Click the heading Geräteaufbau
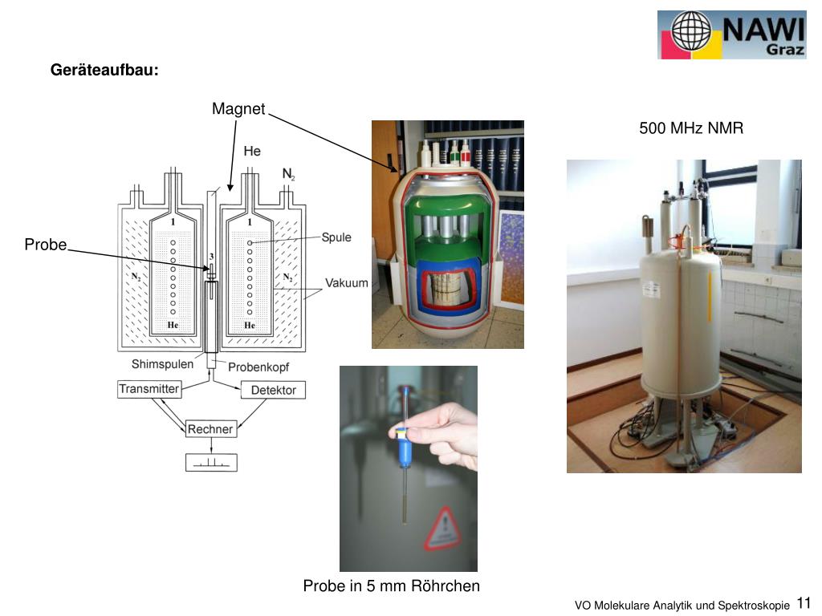tap(104, 71)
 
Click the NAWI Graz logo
tap(731, 34)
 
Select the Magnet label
tap(238, 109)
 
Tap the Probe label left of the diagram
tap(45, 245)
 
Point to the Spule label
tap(336, 237)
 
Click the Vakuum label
tap(346, 283)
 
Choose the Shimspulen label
tap(162, 364)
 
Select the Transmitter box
tap(149, 389)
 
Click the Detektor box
tap(273, 390)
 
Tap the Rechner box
tap(210, 429)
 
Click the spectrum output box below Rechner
tap(211, 462)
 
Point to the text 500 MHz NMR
tap(691, 128)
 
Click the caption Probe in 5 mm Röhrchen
tap(391, 586)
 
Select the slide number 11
tap(804, 604)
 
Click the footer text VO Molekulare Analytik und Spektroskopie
tap(682, 606)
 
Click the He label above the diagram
tap(252, 151)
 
